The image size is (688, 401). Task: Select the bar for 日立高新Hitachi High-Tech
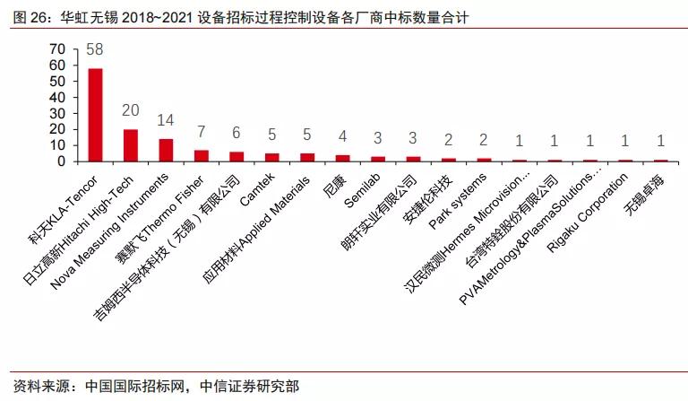pyautogui.click(x=130, y=145)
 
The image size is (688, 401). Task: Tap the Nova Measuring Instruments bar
pyautogui.click(x=166, y=151)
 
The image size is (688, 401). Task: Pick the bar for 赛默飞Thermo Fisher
pyautogui.click(x=201, y=156)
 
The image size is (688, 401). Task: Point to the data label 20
pyautogui.click(x=130, y=109)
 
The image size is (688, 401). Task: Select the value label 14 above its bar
pyautogui.click(x=166, y=119)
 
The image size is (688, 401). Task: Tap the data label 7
pyautogui.click(x=201, y=131)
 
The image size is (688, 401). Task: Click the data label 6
pyautogui.click(x=236, y=133)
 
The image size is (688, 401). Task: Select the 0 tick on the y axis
pyautogui.click(x=62, y=161)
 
